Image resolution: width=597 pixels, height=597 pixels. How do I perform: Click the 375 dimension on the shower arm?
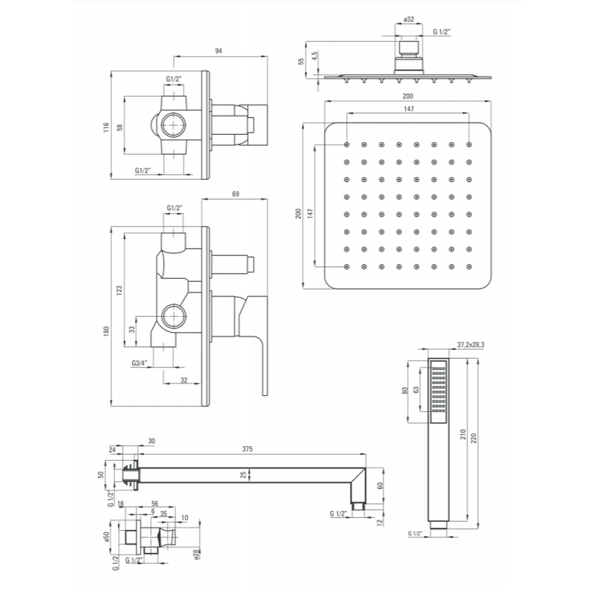click(x=248, y=449)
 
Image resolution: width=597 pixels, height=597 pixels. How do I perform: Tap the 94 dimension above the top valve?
click(x=219, y=51)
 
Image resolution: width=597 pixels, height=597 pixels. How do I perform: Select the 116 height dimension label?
click(x=106, y=127)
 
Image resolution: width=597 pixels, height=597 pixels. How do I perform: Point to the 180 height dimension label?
click(x=106, y=331)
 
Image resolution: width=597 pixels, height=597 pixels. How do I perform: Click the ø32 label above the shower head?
click(x=408, y=20)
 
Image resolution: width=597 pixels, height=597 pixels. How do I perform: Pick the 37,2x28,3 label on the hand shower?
click(x=470, y=345)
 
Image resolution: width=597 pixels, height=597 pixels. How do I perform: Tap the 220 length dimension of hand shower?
click(x=473, y=438)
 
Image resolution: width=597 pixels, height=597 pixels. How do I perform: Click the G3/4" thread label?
click(x=139, y=363)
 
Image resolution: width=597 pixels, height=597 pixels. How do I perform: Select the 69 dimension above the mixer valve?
click(x=236, y=194)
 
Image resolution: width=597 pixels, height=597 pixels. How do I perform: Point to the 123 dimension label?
click(x=119, y=291)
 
